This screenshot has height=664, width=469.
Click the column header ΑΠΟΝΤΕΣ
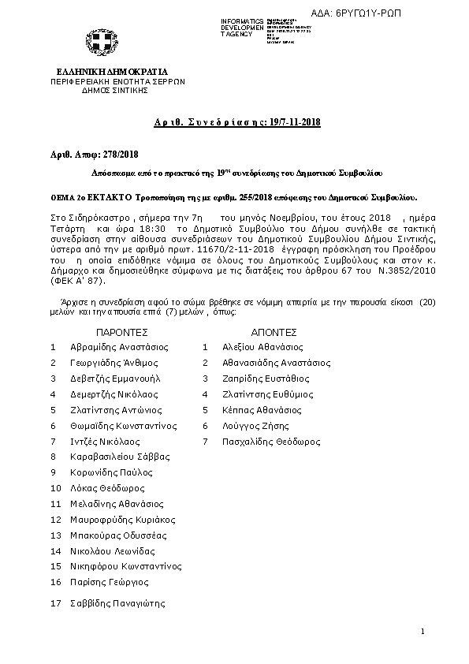(x=273, y=333)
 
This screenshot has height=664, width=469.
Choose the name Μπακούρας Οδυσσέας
(x=114, y=536)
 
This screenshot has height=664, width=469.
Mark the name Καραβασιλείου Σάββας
(x=119, y=457)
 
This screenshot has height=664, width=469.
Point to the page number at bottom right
(x=422, y=632)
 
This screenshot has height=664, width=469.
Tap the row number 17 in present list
(x=55, y=603)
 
